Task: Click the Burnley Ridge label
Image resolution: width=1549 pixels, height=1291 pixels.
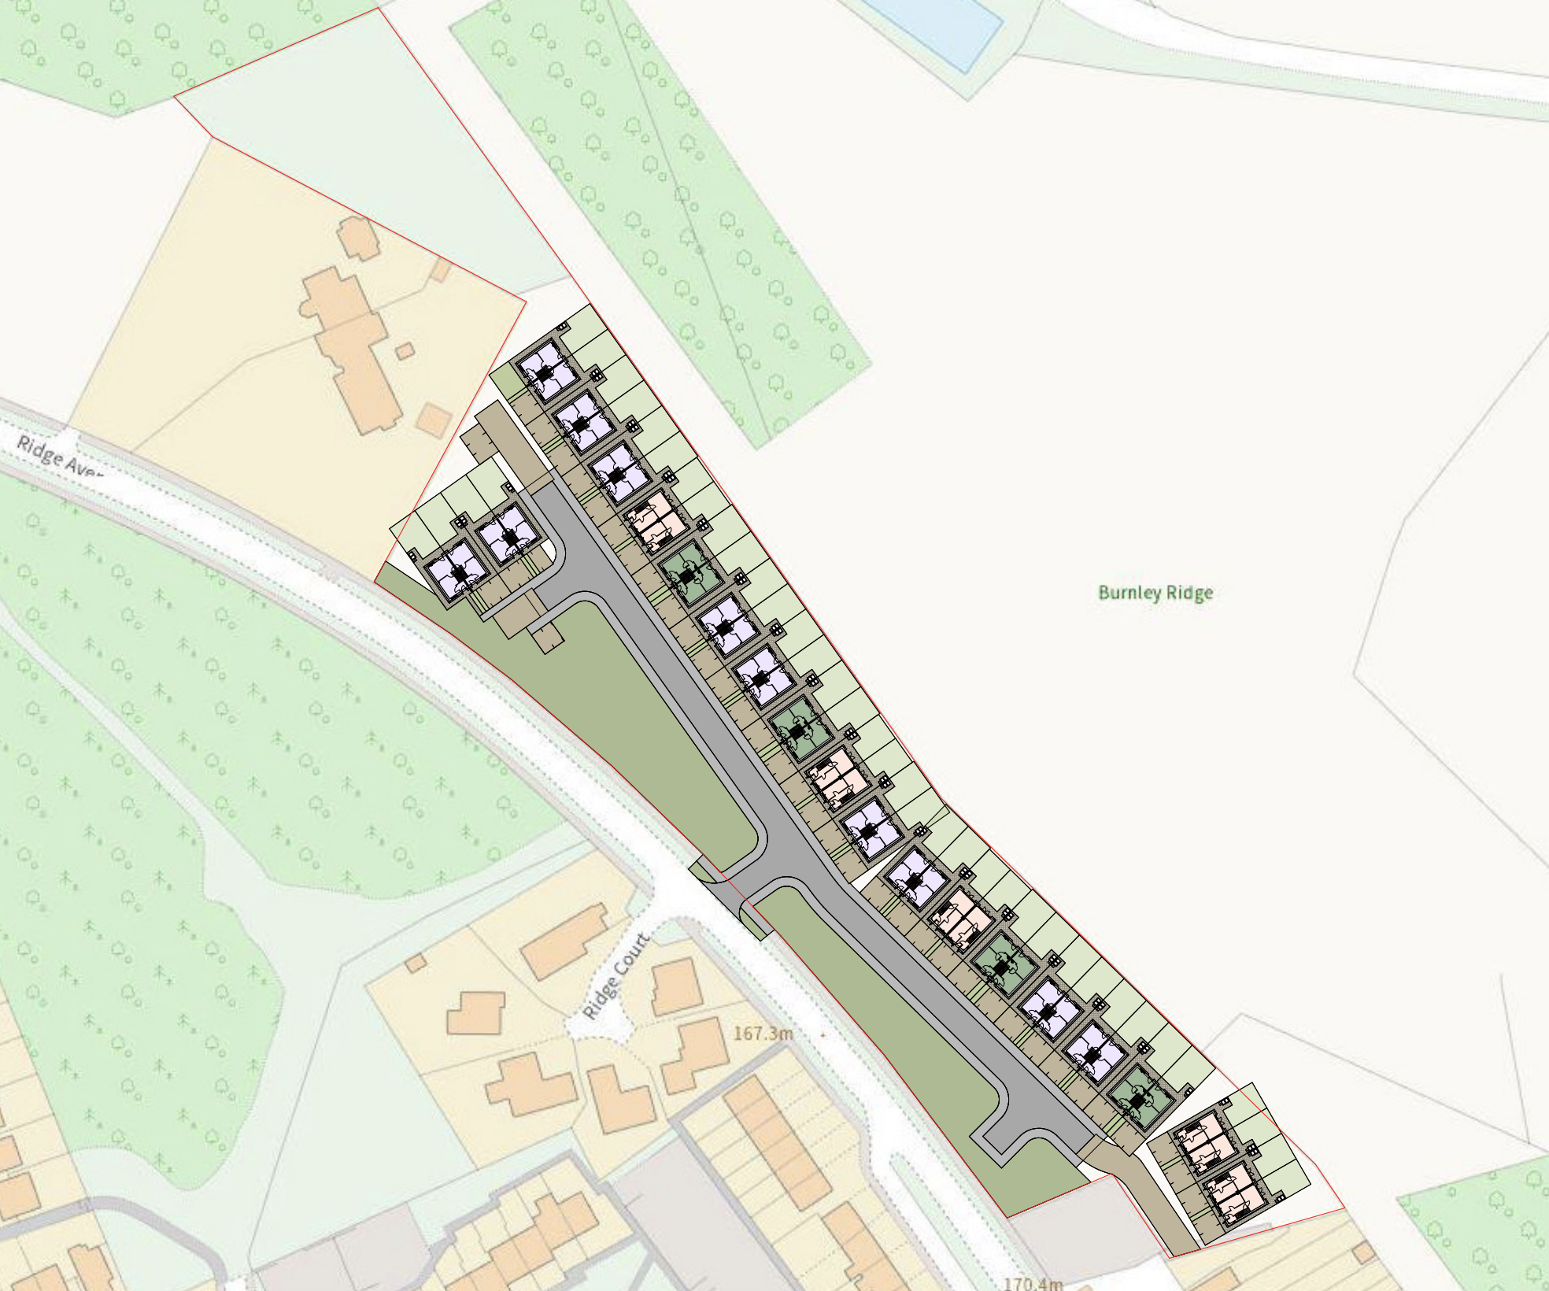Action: pyautogui.click(x=1155, y=593)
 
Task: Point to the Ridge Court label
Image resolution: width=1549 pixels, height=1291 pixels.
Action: pyautogui.click(x=617, y=976)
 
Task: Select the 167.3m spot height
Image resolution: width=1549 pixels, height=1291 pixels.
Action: pyautogui.click(x=762, y=1032)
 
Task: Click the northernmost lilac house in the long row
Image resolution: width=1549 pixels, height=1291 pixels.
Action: pyautogui.click(x=545, y=370)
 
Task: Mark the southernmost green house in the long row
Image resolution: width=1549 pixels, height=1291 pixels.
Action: pyautogui.click(x=1142, y=1097)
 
